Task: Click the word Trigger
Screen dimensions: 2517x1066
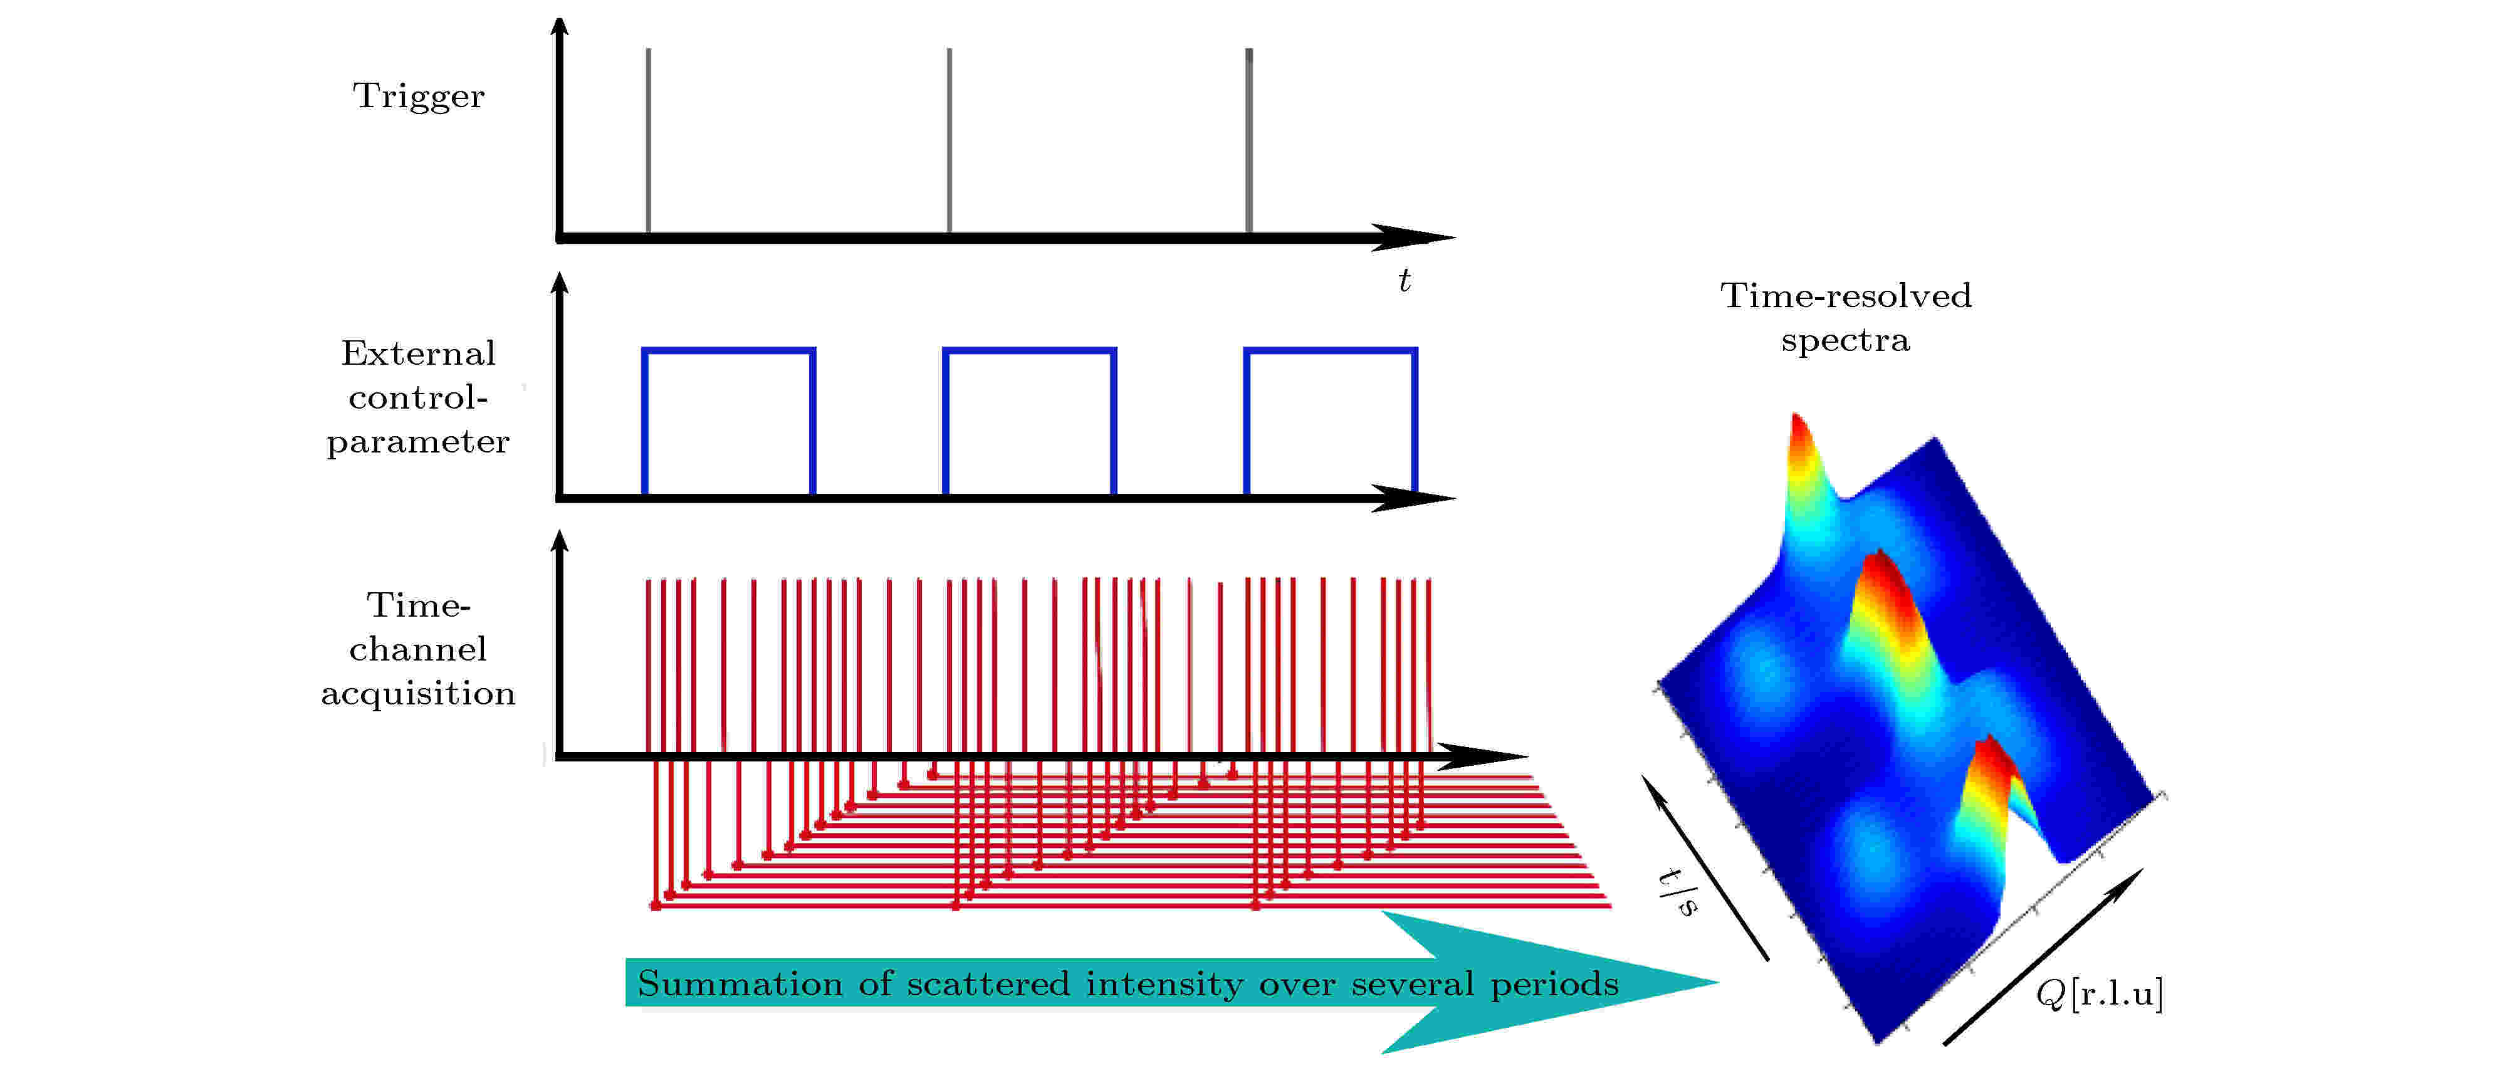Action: pyautogui.click(x=418, y=97)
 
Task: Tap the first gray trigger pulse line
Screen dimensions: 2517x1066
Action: pyautogui.click(x=648, y=141)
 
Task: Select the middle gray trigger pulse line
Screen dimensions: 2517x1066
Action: pyautogui.click(x=949, y=141)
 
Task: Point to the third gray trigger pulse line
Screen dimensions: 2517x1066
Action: pyautogui.click(x=1248, y=141)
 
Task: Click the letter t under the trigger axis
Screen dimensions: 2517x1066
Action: pyautogui.click(x=1404, y=281)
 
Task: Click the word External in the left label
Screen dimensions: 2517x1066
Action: pyautogui.click(x=418, y=353)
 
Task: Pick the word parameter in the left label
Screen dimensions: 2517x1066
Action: pyautogui.click(x=418, y=442)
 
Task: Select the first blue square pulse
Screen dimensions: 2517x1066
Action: pyautogui.click(x=728, y=350)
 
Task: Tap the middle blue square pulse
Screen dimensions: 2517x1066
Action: pyautogui.click(x=1029, y=350)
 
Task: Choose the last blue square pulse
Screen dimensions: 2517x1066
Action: pyautogui.click(x=1330, y=350)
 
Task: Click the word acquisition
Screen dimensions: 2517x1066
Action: pyautogui.click(x=418, y=694)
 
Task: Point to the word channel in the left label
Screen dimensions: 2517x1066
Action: pyautogui.click(x=418, y=650)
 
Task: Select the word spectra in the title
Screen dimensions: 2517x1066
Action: pyautogui.click(x=1845, y=341)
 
